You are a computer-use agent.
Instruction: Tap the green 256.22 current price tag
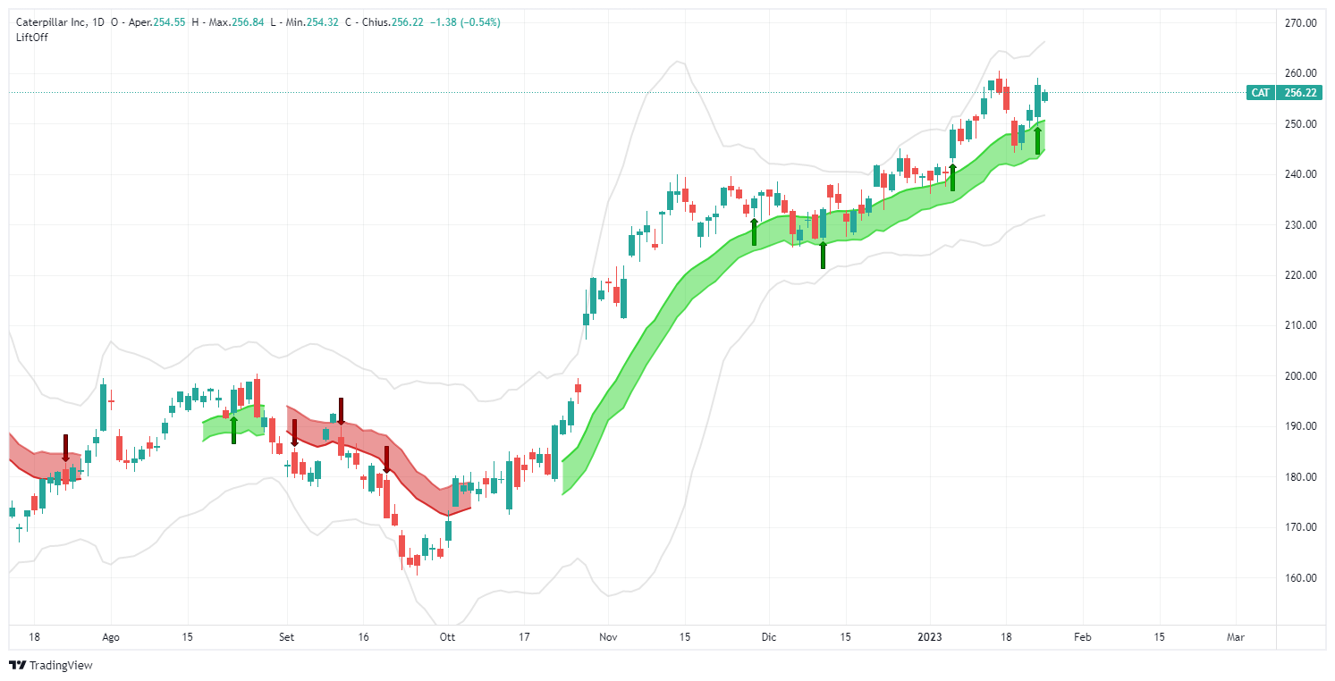(1298, 93)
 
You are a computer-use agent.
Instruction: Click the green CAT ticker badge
(1260, 93)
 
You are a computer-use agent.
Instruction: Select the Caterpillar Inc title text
(54, 22)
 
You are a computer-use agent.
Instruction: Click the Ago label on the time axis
(111, 637)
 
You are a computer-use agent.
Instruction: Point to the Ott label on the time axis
(448, 637)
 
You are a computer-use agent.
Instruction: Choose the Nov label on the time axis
(607, 637)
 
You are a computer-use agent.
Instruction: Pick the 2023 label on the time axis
(929, 637)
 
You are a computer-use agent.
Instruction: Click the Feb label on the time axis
(1081, 637)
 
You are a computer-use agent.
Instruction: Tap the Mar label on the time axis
(1236, 637)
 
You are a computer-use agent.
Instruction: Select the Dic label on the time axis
(769, 637)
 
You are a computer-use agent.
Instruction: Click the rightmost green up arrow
(1037, 140)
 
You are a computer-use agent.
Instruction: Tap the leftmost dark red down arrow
(65, 448)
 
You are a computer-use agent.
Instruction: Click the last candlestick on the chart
(1044, 96)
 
